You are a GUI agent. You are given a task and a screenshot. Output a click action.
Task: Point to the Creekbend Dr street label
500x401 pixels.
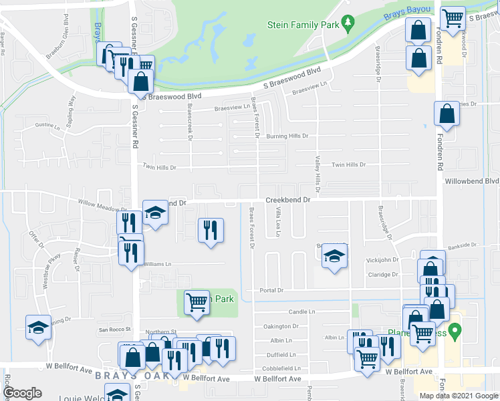point(289,200)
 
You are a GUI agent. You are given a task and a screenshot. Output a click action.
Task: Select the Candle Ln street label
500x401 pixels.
point(301,311)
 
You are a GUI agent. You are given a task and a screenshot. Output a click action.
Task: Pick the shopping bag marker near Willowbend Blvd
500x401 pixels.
point(447,115)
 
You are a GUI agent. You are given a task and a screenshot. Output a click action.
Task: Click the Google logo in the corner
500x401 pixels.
point(22,393)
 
